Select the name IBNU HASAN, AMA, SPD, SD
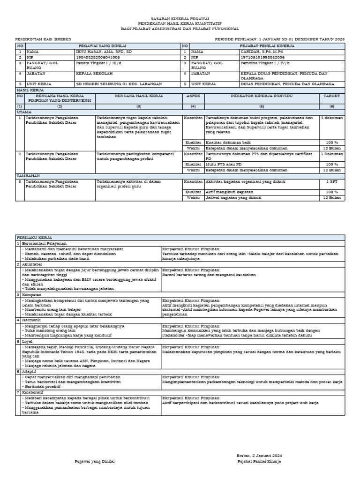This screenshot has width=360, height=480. coord(97,51)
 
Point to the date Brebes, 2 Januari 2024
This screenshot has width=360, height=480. coord(259,456)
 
